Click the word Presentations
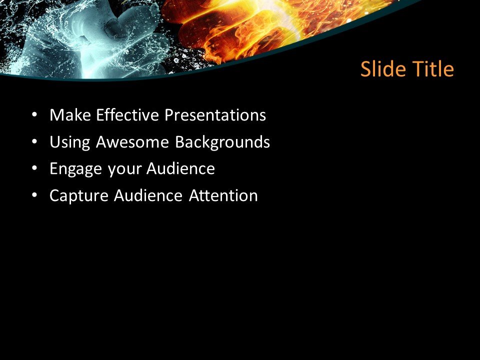coord(215,115)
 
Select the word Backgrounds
coord(222,142)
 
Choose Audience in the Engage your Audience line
coord(180,169)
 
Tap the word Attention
coord(223,195)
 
